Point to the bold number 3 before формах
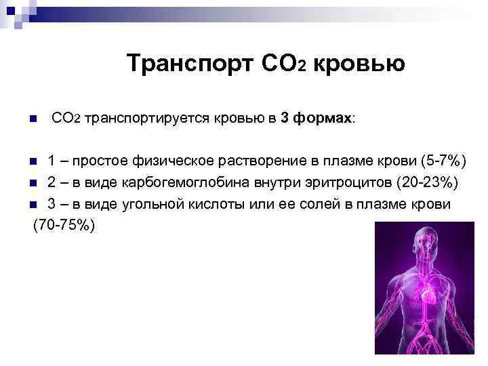285,119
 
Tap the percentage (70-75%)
64,226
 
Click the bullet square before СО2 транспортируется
33,120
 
